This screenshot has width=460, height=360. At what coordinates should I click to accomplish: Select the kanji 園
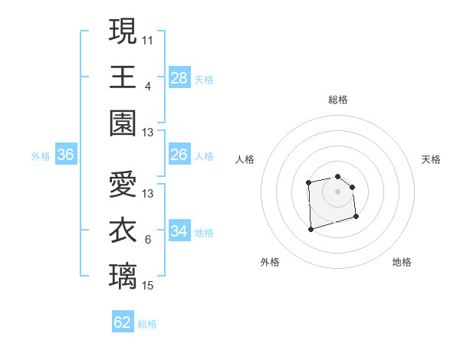click(123, 123)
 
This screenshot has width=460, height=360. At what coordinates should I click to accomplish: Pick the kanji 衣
click(123, 231)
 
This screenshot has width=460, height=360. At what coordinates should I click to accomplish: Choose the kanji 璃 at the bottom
click(123, 277)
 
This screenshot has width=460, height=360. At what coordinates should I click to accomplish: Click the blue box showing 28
click(179, 77)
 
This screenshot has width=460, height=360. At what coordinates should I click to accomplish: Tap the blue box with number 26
click(179, 155)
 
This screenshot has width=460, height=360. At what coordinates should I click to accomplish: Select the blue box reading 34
click(179, 231)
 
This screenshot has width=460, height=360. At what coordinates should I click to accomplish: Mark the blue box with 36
click(66, 155)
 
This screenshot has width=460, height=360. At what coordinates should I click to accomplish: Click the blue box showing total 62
click(123, 322)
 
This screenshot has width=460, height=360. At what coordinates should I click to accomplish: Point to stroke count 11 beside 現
click(148, 39)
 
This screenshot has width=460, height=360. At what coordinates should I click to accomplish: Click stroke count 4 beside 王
click(148, 86)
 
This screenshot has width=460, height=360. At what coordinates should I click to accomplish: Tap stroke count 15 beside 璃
click(148, 286)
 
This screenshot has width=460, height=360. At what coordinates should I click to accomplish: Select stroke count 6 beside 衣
click(148, 240)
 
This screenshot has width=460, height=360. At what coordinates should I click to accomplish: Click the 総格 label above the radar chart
click(338, 100)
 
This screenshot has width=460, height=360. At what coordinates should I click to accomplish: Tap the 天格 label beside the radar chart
click(431, 159)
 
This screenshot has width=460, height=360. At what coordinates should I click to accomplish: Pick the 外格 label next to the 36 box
click(41, 156)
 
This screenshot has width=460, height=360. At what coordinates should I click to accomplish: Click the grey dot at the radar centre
click(338, 191)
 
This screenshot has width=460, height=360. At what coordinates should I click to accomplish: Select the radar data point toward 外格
click(310, 228)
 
